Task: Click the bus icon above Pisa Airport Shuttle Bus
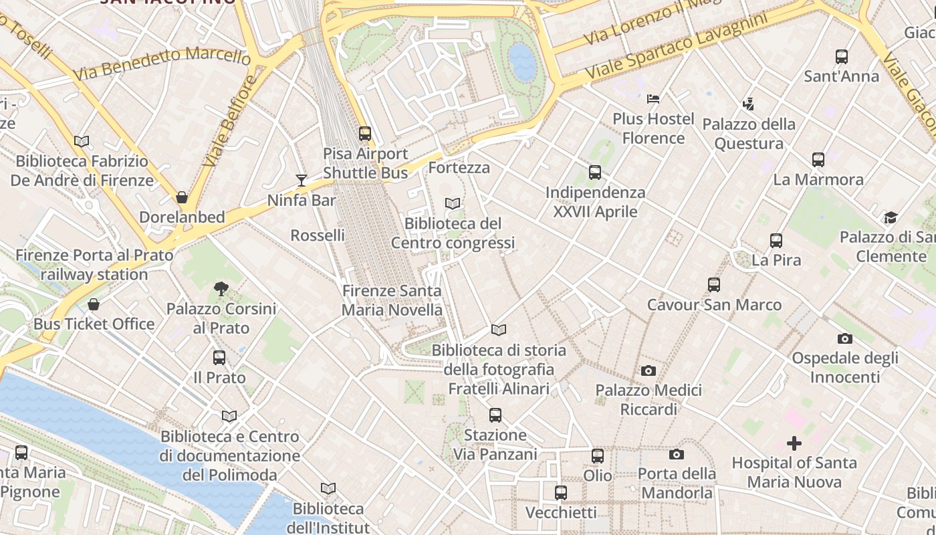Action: (x=365, y=134)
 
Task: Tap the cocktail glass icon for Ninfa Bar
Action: (x=302, y=181)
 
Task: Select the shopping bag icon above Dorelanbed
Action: (x=181, y=198)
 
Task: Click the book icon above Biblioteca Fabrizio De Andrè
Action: (x=82, y=142)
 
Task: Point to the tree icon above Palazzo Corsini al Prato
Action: (x=221, y=290)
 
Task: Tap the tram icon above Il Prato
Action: (x=219, y=358)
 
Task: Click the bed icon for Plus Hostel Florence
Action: (x=653, y=100)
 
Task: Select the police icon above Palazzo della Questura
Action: (x=748, y=104)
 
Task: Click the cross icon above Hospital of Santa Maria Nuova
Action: (x=794, y=443)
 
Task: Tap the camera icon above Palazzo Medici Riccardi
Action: (x=648, y=370)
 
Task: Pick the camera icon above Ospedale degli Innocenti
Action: (x=844, y=339)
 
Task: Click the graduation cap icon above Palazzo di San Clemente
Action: (x=891, y=217)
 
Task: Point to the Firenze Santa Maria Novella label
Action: (x=392, y=300)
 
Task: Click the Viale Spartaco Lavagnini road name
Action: (x=676, y=45)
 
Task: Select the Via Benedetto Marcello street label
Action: (x=162, y=63)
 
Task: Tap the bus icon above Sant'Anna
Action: (x=842, y=57)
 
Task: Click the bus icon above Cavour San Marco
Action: (x=714, y=285)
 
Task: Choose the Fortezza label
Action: (x=459, y=167)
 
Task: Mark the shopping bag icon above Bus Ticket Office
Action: (x=94, y=304)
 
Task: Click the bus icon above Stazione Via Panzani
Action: (x=495, y=415)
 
